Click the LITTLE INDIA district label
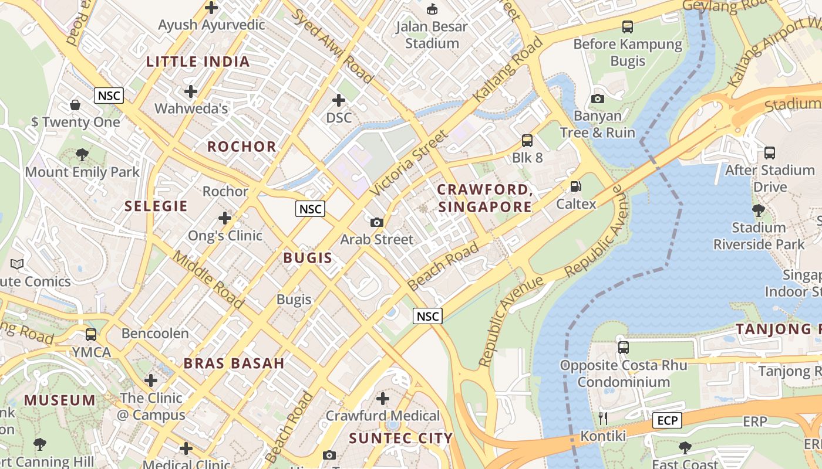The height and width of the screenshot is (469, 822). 198,62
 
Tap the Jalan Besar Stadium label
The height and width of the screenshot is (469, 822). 432,35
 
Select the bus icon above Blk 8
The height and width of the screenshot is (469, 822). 527,141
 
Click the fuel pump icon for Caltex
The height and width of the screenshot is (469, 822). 576,187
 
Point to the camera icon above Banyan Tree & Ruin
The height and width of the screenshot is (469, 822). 598,98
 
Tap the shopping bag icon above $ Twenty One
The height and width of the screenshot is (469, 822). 75,105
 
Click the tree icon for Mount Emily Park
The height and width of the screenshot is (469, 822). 82,155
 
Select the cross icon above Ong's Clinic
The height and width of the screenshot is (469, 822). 224,219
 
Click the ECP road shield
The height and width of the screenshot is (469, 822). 667,420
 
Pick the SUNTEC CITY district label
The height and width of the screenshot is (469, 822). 400,438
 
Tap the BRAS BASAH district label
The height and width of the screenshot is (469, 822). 234,363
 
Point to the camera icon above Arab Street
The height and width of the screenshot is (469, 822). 377,222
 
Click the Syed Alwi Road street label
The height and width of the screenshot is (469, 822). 332,46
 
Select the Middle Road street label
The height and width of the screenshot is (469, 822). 208,280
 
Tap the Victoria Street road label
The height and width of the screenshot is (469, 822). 409,164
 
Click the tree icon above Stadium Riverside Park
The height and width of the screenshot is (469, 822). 758,210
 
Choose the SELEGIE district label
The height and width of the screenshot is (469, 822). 156,206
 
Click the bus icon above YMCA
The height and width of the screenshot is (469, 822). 91,335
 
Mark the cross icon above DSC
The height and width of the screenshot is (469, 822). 339,100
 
